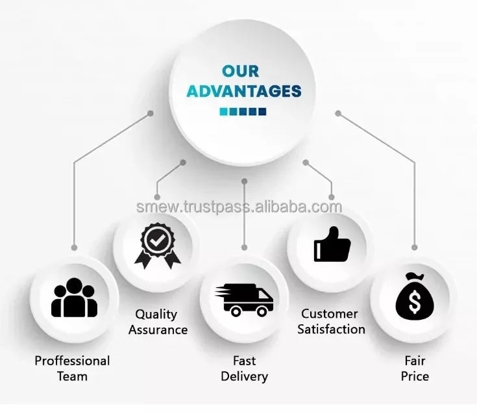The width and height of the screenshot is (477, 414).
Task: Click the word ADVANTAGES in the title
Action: [244, 90]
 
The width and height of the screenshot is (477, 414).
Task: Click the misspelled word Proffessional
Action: [72, 361]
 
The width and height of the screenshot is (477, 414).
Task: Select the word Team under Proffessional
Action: [72, 376]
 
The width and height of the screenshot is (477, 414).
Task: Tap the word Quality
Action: [156, 315]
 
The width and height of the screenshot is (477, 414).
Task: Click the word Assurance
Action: [158, 330]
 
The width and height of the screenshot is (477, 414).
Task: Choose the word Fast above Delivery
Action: [244, 361]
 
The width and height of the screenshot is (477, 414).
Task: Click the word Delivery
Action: [244, 376]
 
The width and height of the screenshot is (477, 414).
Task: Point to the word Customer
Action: [330, 314]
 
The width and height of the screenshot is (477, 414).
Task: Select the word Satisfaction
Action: [331, 329]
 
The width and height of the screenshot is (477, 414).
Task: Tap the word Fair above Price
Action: [415, 360]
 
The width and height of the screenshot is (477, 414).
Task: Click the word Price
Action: [415, 376]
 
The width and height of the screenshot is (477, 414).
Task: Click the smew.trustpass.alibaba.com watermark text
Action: [239, 207]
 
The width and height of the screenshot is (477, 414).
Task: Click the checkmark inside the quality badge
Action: [157, 240]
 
